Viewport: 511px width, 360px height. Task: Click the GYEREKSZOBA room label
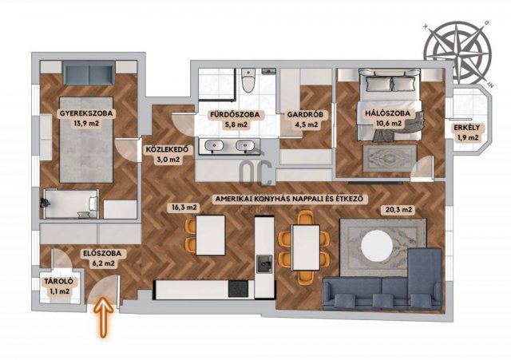click(x=86, y=113)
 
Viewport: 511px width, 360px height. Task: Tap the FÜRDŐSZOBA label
click(x=235, y=115)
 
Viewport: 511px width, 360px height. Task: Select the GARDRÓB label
click(x=305, y=115)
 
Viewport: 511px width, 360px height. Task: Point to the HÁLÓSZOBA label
click(x=387, y=113)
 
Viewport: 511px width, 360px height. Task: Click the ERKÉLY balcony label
click(x=467, y=128)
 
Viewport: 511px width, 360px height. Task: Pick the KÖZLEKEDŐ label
click(x=167, y=150)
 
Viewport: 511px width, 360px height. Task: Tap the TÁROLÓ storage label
click(x=59, y=282)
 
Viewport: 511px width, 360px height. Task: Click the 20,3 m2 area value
click(x=398, y=210)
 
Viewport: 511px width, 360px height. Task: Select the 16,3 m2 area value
click(x=183, y=208)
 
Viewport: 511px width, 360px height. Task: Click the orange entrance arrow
click(x=104, y=317)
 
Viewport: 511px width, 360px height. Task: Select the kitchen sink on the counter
click(x=264, y=264)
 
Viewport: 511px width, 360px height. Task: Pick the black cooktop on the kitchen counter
click(x=238, y=289)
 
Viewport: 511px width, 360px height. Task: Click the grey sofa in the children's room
click(x=89, y=73)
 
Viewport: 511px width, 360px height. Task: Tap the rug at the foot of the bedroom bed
click(x=390, y=158)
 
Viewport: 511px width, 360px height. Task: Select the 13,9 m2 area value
click(x=86, y=124)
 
